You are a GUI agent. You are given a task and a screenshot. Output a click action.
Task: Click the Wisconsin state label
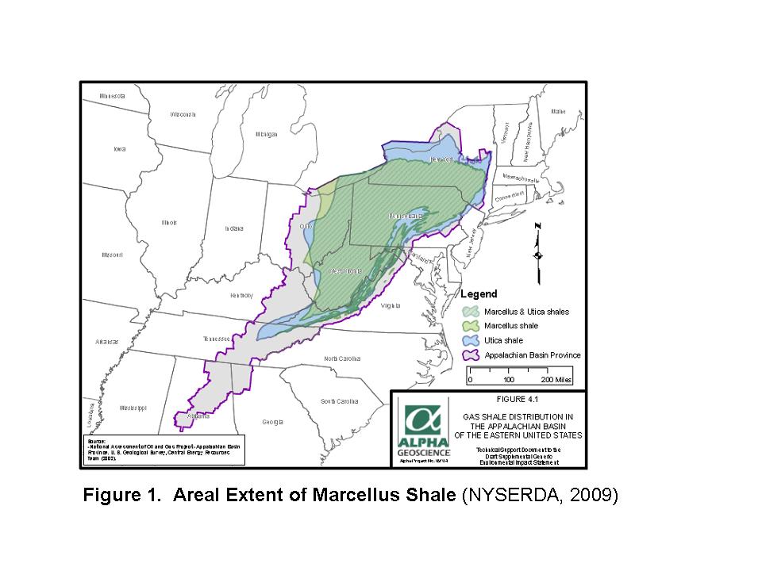183,114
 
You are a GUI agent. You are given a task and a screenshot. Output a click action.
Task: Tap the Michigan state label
267,134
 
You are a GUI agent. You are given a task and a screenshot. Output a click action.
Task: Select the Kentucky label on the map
241,295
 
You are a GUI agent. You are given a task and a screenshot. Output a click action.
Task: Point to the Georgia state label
272,421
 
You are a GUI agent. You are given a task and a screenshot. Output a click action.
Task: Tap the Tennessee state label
216,339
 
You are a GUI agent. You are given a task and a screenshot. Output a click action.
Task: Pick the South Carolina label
339,401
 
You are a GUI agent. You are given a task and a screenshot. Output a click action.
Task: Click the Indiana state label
233,228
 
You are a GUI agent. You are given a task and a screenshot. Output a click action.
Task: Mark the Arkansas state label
106,342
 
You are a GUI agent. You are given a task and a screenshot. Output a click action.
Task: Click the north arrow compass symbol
538,252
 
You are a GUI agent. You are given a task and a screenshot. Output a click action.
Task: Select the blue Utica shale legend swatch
471,340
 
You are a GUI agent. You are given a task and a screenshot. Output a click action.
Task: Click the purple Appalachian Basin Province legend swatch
471,354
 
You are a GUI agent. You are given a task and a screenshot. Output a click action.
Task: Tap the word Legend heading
479,294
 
